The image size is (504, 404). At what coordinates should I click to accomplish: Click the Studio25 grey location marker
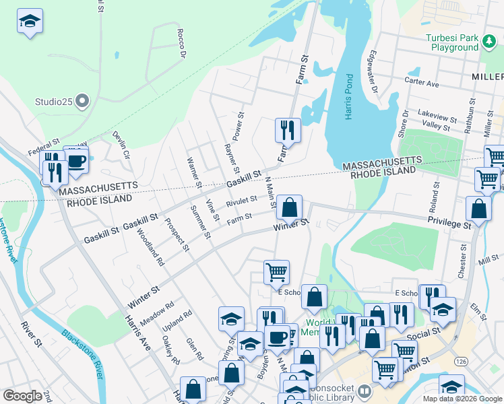click(x=82, y=102)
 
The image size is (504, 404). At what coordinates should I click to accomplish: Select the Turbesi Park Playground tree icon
click(x=489, y=42)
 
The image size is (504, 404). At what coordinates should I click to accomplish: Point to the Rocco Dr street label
click(x=180, y=44)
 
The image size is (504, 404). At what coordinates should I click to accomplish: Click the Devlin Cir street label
click(x=121, y=145)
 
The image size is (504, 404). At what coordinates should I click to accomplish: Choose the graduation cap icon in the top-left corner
click(x=30, y=22)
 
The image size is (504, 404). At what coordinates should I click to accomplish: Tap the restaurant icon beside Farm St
click(x=288, y=129)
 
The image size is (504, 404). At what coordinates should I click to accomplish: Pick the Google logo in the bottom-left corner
click(x=22, y=395)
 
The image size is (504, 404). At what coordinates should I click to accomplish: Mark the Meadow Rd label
click(x=157, y=311)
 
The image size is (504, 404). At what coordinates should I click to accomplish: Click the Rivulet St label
click(x=241, y=201)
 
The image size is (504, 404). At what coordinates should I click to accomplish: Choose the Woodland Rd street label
click(x=150, y=246)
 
